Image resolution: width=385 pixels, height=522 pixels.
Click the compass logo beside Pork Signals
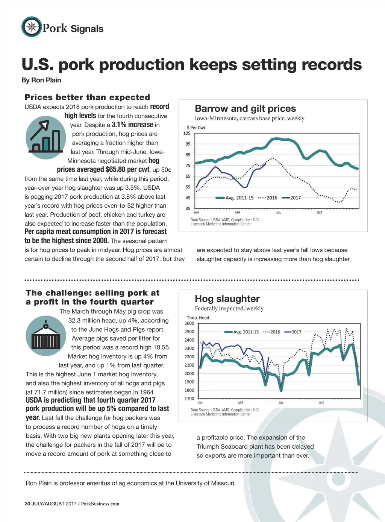pyautogui.click(x=32, y=27)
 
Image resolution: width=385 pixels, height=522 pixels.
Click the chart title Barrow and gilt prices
pyautogui.click(x=245, y=109)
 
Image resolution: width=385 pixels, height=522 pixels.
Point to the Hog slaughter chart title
pyautogui.click(x=227, y=299)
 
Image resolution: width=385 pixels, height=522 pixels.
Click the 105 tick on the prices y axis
pyautogui.click(x=186, y=133)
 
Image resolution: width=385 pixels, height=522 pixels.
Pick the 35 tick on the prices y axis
pyautogui.click(x=188, y=208)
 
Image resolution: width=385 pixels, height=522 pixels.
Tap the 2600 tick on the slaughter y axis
pyautogui.click(x=189, y=323)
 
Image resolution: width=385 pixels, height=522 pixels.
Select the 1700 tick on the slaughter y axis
pyautogui.click(x=189, y=399)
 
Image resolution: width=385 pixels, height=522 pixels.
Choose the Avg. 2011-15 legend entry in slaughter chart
pyautogui.click(x=241, y=332)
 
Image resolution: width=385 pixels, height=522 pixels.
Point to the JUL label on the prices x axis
pyautogui.click(x=279, y=213)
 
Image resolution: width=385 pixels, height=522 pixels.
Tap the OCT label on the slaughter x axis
pyautogui.click(x=321, y=403)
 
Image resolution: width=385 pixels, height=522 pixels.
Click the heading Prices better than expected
pyautogui.click(x=87, y=97)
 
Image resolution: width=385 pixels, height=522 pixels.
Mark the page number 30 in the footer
pyautogui.click(x=27, y=504)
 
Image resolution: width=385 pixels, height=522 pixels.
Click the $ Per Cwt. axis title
pyautogui.click(x=197, y=128)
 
